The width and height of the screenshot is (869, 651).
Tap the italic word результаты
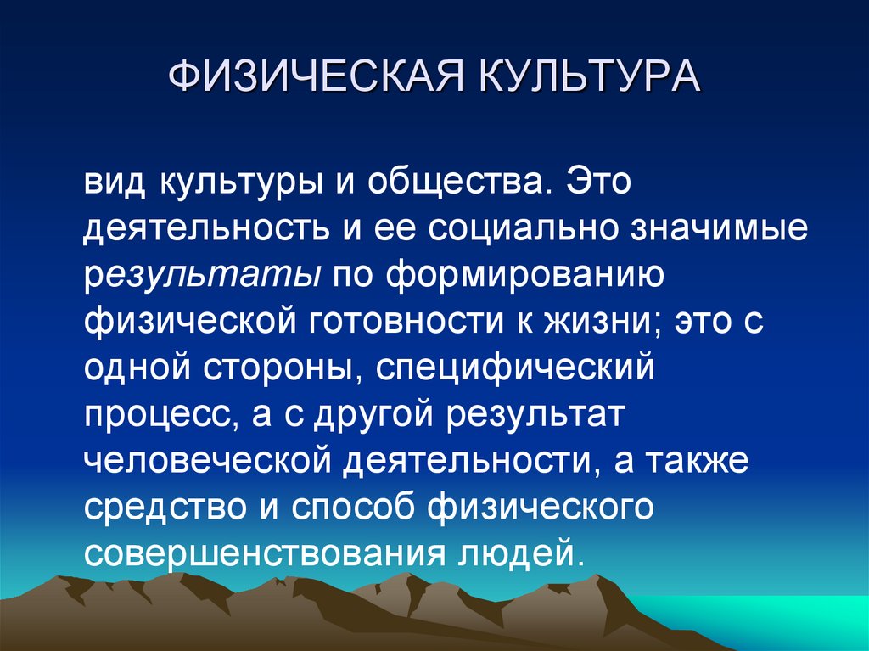click(202, 277)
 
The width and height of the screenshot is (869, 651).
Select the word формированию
click(527, 277)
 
